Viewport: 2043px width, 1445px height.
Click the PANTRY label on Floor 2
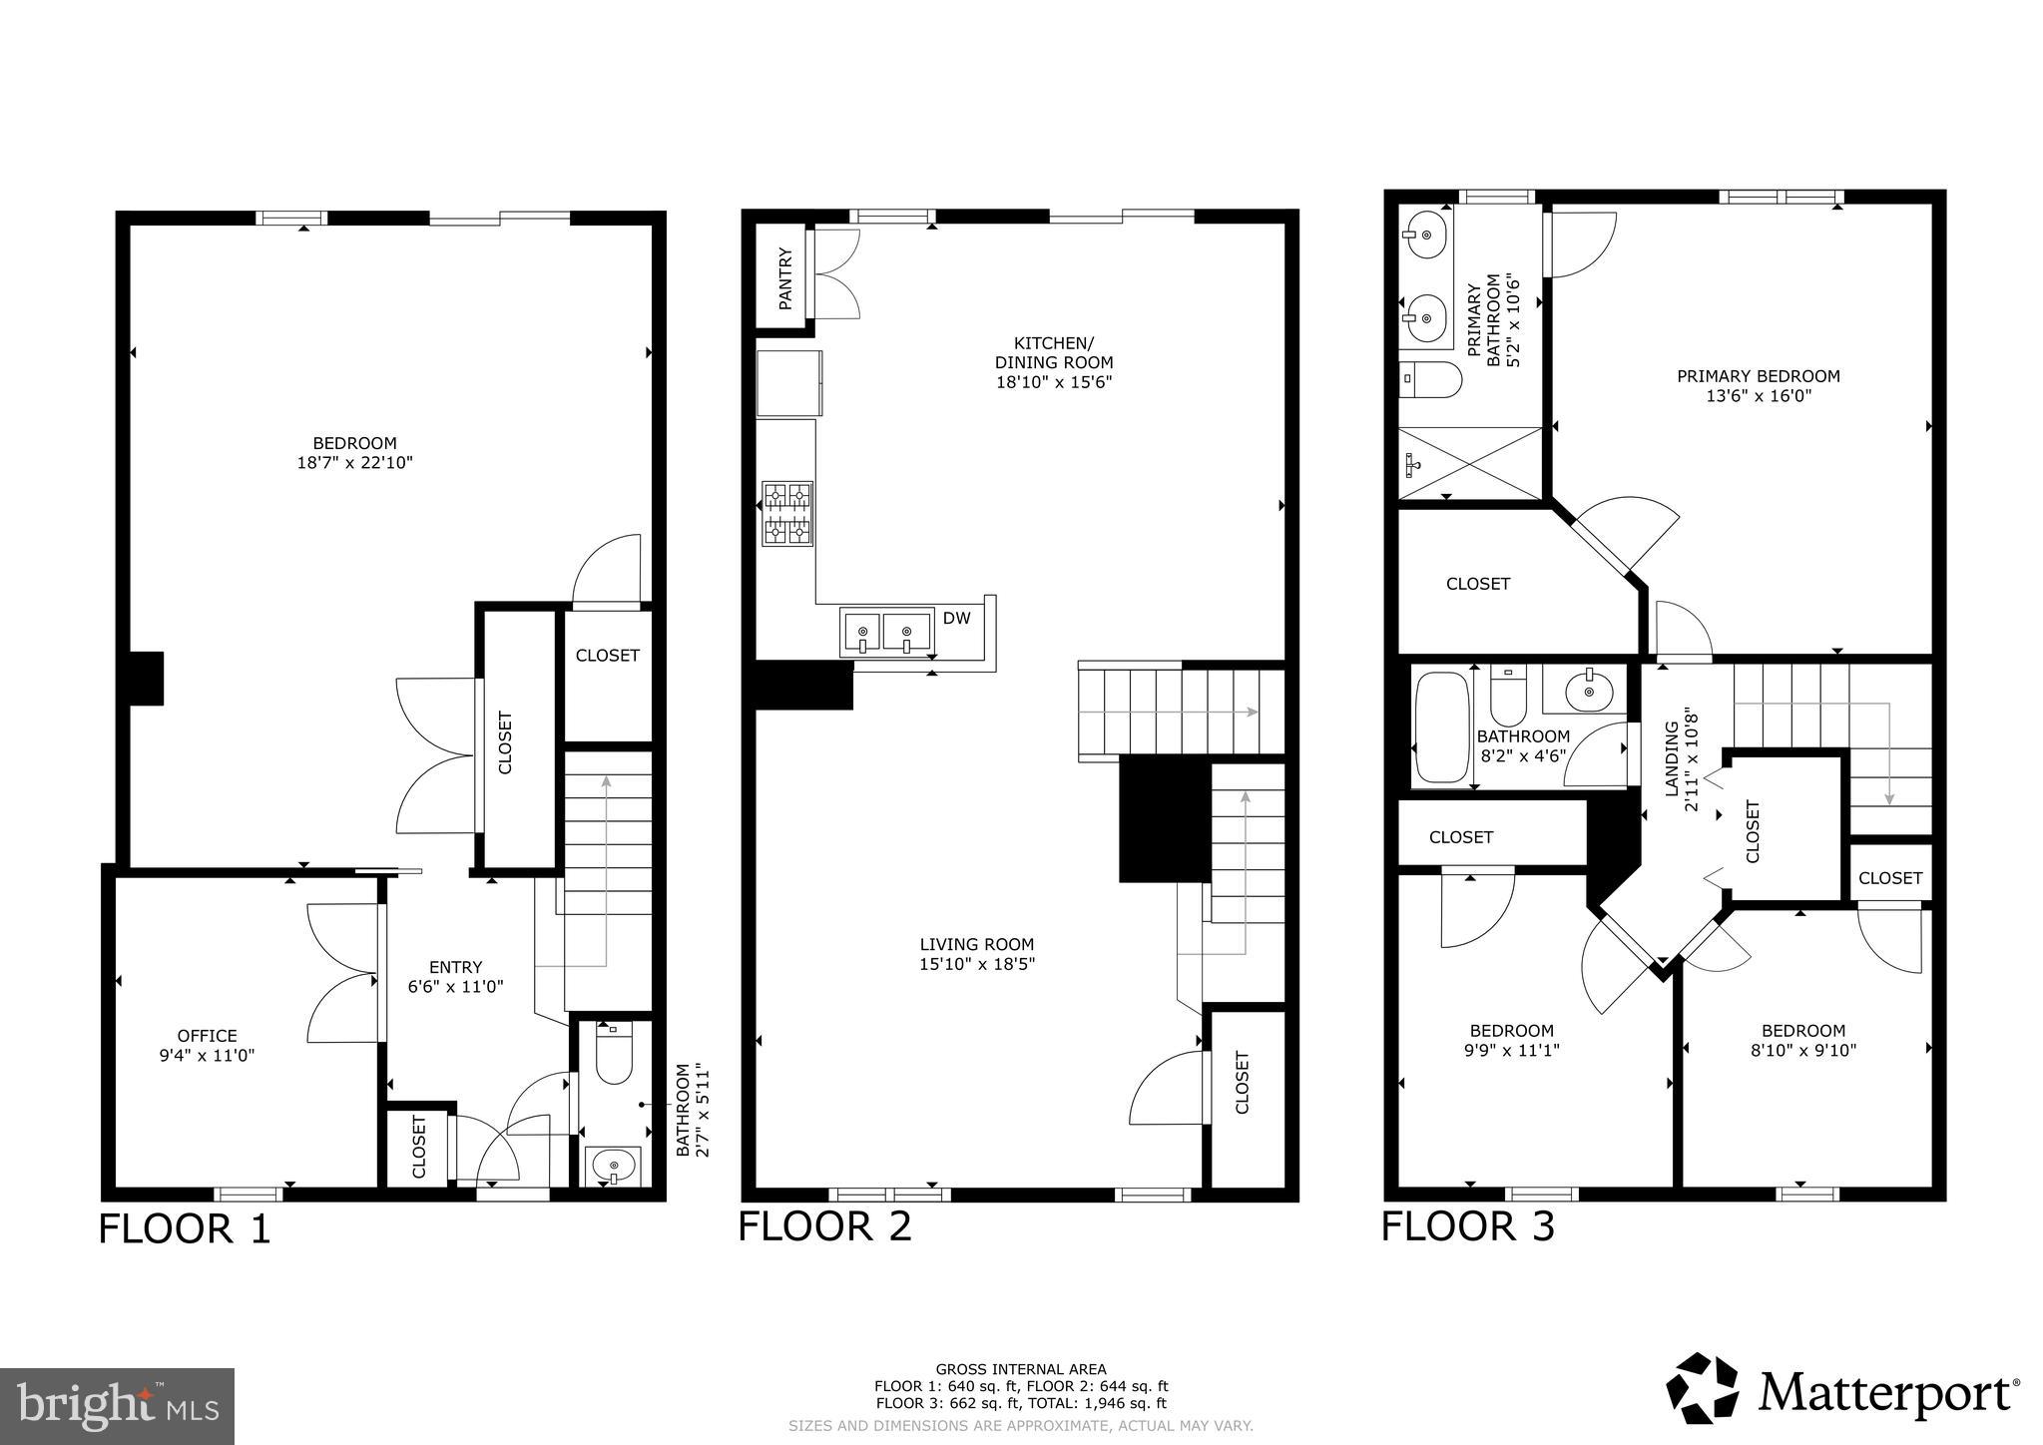(x=785, y=278)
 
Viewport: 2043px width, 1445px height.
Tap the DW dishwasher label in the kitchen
(x=956, y=619)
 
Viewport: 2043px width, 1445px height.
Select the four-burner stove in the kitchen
(x=787, y=514)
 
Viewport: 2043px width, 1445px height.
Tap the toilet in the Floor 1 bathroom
(x=614, y=1056)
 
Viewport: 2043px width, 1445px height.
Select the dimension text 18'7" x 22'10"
(x=354, y=463)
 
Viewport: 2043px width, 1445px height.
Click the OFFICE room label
(x=208, y=1036)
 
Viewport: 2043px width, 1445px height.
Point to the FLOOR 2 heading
(x=824, y=1226)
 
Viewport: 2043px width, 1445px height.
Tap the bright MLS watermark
(x=117, y=1406)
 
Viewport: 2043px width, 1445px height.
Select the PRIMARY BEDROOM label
(x=1758, y=376)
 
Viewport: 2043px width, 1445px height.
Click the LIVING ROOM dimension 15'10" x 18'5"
(x=976, y=964)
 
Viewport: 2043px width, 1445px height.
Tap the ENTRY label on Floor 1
(x=455, y=967)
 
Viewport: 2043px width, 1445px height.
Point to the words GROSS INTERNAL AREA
(x=1020, y=1369)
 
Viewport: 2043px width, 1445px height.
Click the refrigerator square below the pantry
(x=788, y=383)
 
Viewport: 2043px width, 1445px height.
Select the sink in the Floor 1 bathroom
(x=612, y=1164)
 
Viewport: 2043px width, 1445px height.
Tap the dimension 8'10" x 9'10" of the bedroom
(x=1802, y=1050)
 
